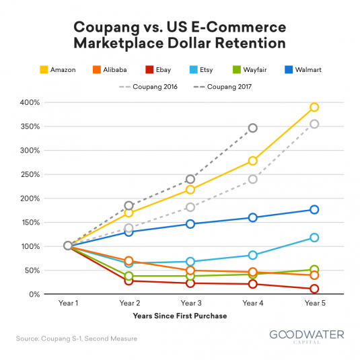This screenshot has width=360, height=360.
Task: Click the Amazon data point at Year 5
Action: point(314,108)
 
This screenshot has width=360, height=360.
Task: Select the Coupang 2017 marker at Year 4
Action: point(252,128)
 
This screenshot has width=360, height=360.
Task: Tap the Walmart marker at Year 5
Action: point(314,209)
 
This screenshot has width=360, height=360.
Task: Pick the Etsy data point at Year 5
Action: point(314,238)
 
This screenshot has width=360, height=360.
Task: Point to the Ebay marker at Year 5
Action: point(314,289)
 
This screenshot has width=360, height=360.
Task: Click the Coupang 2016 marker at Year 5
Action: point(314,124)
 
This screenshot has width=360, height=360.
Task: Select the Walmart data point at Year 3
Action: point(190,223)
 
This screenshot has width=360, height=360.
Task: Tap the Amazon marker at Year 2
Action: point(129,213)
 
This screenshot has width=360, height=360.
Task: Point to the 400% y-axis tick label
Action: point(30,102)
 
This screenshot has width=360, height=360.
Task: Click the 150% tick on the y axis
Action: point(30,223)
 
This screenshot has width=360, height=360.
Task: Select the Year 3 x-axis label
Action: point(190,304)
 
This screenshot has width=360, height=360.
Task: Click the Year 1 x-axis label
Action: point(67,304)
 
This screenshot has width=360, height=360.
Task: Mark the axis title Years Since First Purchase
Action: point(180,316)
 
